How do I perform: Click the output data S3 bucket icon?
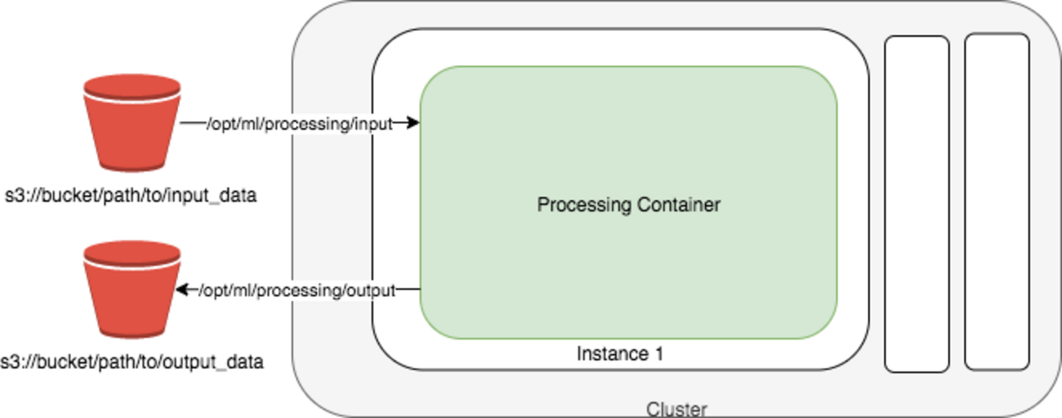pos(132,289)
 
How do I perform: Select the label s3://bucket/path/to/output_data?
pos(132,361)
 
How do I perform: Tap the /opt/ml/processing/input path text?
pos(299,123)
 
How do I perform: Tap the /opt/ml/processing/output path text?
pos(299,290)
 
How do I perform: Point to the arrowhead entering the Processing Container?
pos(414,123)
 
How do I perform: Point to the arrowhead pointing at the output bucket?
pos(182,290)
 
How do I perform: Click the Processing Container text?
pos(628,204)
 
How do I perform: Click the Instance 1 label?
pos(620,354)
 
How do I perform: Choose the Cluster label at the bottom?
pos(676,409)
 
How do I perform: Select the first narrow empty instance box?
pos(917,203)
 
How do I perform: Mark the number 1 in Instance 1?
pos(658,354)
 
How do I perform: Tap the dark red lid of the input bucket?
pos(131,84)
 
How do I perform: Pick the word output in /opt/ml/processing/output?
pos(373,290)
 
